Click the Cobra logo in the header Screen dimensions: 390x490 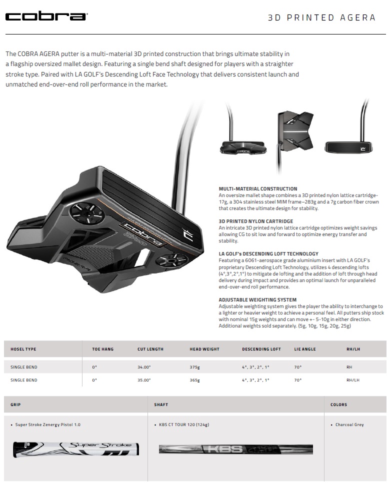pos(46,16)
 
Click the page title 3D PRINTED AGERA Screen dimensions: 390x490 pos(321,17)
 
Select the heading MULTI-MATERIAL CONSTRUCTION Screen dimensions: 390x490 pos(258,189)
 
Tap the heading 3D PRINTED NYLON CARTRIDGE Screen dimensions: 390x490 pos(256,221)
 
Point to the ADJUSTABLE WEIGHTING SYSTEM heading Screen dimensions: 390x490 pos(257,299)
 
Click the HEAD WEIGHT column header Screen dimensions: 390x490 pos(204,349)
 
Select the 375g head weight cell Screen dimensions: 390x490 pos(194,367)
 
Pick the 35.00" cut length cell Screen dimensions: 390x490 pos(144,380)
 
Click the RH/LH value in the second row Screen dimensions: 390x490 pos(353,380)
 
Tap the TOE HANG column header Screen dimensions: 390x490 pos(103,349)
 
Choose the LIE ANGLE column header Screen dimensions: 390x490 pos(305,349)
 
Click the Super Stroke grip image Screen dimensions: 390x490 pos(76,449)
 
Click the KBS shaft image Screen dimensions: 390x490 pos(235,449)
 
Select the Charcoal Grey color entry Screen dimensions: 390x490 pos(349,424)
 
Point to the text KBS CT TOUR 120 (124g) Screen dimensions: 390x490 pos(184,424)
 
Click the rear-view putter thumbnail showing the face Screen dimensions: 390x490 pos(348,146)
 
